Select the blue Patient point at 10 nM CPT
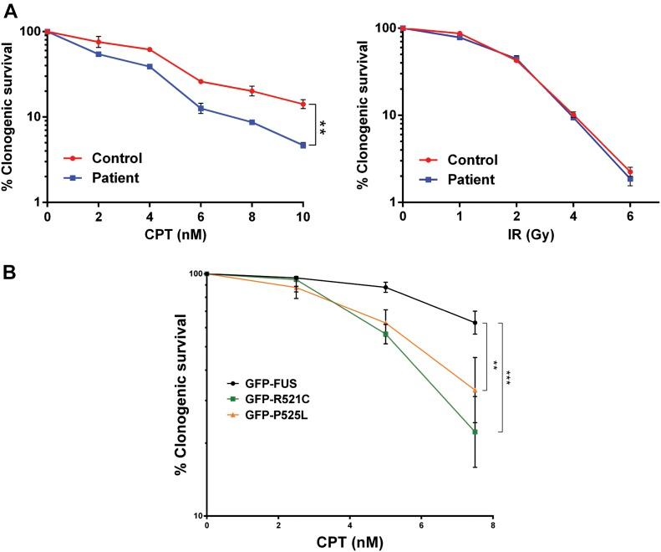[303, 146]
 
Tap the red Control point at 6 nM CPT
[201, 81]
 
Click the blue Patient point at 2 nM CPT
[99, 54]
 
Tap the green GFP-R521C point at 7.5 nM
[475, 432]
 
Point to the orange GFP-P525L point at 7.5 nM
[475, 391]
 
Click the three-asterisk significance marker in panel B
[506, 377]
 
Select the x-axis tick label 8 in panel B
[493, 525]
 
